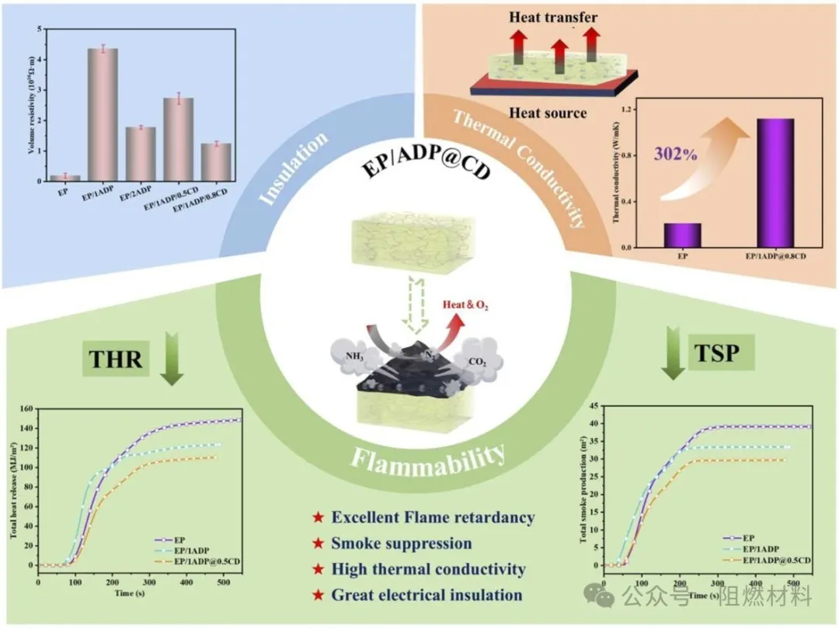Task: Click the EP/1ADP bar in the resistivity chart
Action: pos(103,114)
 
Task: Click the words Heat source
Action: pos(548,113)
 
